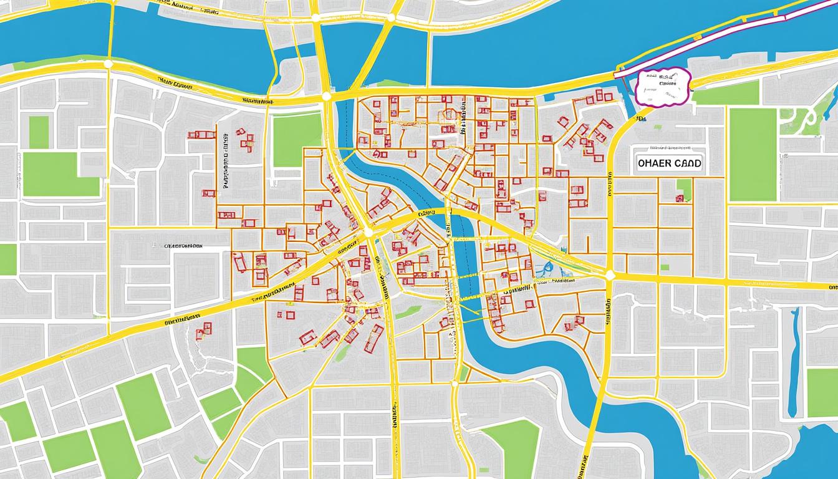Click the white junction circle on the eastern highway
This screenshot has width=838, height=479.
click(x=610, y=275)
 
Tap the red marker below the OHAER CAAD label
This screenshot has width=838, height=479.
click(x=680, y=198)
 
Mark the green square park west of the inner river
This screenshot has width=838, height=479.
click(x=297, y=139)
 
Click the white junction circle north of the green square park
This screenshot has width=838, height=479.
click(x=325, y=96)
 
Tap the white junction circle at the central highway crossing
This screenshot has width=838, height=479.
click(x=368, y=233)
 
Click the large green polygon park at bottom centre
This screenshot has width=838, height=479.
click(x=511, y=446)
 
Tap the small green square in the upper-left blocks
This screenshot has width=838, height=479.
click(x=39, y=132)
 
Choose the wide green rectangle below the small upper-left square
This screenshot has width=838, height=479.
click(x=60, y=175)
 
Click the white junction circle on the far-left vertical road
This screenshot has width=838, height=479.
click(x=108, y=64)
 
